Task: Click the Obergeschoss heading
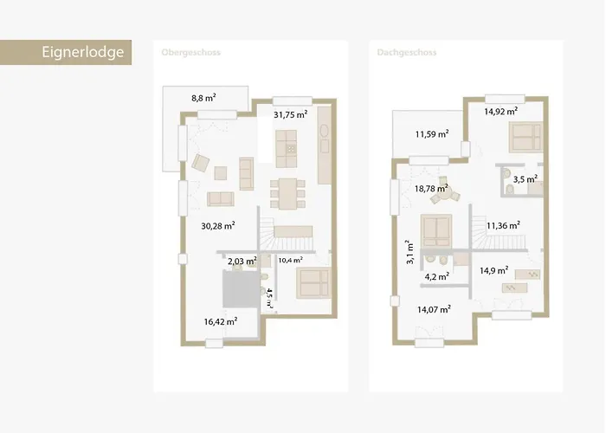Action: point(191,53)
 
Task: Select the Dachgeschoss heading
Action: point(407,53)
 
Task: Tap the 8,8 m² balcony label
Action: point(204,99)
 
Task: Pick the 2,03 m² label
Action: point(242,260)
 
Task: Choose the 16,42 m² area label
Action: point(221,320)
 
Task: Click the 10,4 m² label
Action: point(291,260)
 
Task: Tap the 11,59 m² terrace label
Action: point(431,134)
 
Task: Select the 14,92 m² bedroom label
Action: point(500,111)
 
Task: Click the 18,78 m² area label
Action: point(431,187)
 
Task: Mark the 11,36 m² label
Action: point(502,225)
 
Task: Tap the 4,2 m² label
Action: point(436,277)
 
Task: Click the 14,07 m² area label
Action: point(434,308)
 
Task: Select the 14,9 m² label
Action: point(493,270)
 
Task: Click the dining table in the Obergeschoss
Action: point(287,191)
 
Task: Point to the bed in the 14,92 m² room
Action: point(524,137)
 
